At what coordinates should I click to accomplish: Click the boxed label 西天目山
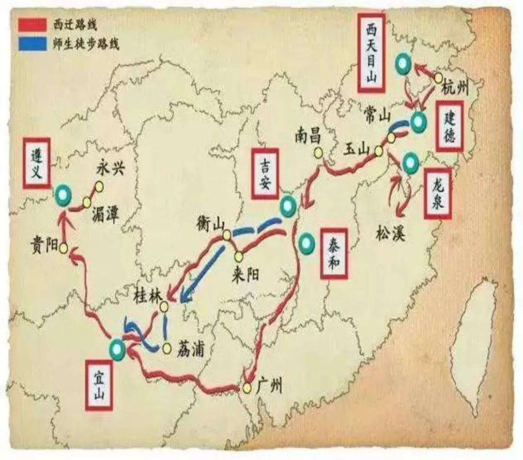[x=371, y=53]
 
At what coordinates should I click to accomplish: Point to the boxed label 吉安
[x=264, y=174]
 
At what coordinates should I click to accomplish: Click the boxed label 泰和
[x=335, y=253]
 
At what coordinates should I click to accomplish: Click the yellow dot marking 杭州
[x=438, y=78]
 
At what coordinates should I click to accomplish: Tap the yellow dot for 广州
[x=247, y=388]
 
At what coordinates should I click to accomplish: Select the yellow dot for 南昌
[x=318, y=153]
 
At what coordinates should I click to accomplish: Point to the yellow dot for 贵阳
[x=63, y=248]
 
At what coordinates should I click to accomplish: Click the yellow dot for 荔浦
[x=167, y=348]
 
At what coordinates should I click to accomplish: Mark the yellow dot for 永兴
[x=99, y=186]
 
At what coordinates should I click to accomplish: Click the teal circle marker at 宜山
[x=117, y=349]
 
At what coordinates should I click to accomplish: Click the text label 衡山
[x=211, y=224]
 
